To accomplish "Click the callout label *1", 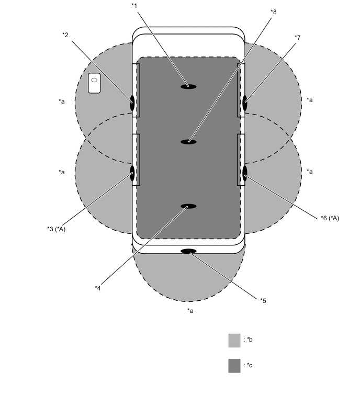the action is pos(134,6).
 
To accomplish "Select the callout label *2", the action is pos(65,35).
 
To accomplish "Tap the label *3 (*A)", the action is pos(56,229).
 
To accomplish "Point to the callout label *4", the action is pos(97,288).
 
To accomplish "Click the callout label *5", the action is pos(263,300).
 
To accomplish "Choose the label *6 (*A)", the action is pos(330,218).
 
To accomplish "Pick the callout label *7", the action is pos(298,38).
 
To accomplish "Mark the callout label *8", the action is pos(273,12).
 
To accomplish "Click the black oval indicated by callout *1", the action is pos(188,87).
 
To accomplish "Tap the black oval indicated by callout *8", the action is pos(188,142).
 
